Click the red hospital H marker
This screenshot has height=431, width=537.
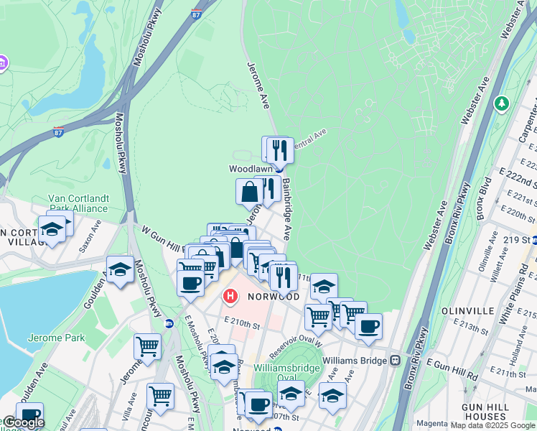click(x=230, y=295)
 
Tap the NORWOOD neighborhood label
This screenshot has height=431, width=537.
click(x=274, y=296)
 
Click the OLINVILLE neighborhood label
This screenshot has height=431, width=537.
click(x=469, y=310)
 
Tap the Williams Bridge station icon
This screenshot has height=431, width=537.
click(x=395, y=360)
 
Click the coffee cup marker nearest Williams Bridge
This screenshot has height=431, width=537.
click(x=368, y=326)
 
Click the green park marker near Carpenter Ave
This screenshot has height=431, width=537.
click(x=502, y=104)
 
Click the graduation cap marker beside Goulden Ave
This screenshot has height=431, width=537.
click(x=121, y=269)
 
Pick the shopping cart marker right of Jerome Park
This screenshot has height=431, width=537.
click(x=147, y=347)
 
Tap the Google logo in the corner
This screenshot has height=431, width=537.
click(x=24, y=422)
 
